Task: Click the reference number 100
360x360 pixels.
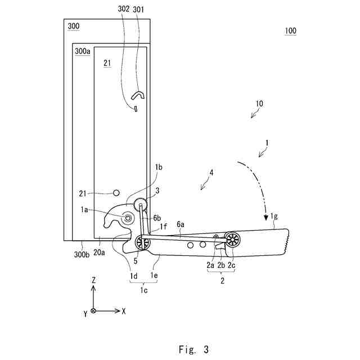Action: [290, 31]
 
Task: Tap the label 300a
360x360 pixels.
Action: [82, 51]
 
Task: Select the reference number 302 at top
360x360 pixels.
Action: [124, 9]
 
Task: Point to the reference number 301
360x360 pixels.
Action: [138, 9]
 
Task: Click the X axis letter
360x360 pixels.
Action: [123, 310]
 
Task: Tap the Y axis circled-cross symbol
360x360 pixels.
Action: [93, 310]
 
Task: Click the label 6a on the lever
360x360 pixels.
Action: [181, 224]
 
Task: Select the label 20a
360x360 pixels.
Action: [100, 253]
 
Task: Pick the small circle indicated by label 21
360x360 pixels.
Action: [117, 193]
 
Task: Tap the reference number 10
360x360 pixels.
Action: [259, 104]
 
